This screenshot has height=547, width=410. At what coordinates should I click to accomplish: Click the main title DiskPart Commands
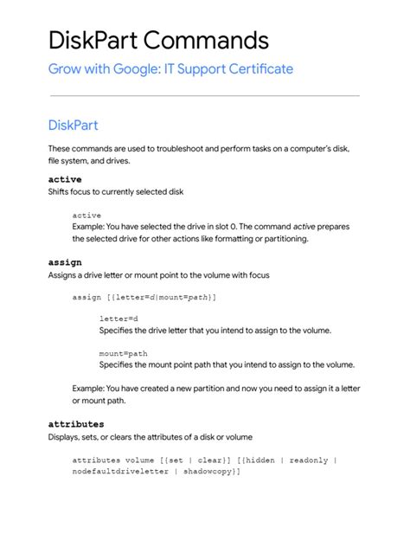pos(158,40)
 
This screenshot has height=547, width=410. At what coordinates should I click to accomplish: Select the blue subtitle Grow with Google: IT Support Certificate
pos(170,69)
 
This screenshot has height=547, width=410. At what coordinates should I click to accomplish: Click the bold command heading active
pos(65,179)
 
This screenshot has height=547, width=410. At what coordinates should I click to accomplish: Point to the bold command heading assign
pos(65,262)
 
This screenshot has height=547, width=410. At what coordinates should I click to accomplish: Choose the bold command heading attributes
pos(76,424)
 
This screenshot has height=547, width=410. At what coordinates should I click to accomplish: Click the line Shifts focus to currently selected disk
pos(115,191)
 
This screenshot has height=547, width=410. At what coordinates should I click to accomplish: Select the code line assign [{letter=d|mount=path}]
pos(144,297)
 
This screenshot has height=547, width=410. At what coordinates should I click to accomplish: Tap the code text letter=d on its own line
pos(119,319)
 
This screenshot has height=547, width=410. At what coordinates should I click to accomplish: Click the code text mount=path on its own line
pos(123,353)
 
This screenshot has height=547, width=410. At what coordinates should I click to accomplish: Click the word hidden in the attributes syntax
pos(258,460)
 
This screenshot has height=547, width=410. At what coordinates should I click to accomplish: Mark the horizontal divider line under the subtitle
pos(204,95)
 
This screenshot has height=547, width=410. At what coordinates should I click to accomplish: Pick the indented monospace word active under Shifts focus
pos(86,215)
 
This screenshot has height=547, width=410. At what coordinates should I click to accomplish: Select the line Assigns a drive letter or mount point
pos(158,275)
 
